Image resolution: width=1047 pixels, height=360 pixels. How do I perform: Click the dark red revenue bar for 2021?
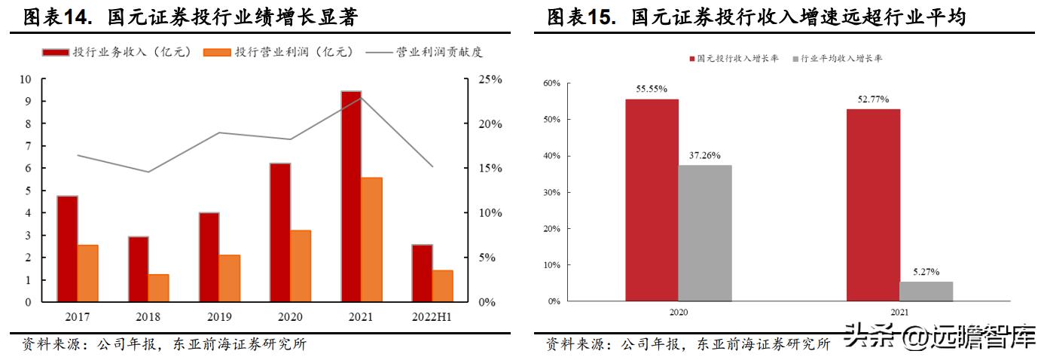click(x=351, y=196)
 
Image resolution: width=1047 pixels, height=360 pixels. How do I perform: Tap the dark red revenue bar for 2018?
click(x=138, y=269)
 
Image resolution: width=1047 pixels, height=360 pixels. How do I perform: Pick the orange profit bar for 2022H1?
click(x=443, y=286)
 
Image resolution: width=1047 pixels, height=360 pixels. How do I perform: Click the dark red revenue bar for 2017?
click(x=67, y=249)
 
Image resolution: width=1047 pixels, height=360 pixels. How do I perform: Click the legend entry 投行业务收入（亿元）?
click(x=117, y=52)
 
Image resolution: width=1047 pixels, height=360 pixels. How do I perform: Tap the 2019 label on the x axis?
click(x=219, y=317)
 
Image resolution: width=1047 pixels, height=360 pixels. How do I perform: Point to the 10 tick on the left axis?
click(x=25, y=79)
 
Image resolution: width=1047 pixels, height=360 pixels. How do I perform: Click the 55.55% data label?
click(x=652, y=89)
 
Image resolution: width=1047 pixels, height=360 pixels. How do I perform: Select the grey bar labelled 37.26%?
click(x=705, y=233)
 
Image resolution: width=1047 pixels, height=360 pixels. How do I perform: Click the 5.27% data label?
click(x=926, y=272)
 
